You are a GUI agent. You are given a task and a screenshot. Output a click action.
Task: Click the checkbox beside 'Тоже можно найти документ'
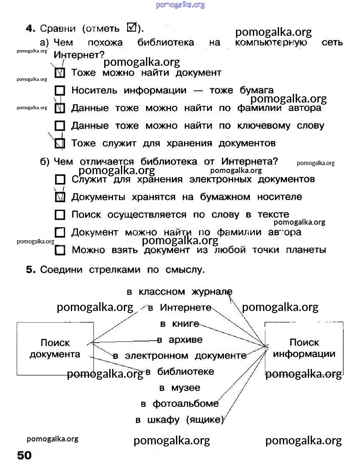[60, 73]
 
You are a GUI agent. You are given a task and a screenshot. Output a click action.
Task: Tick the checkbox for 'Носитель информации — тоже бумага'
[60, 90]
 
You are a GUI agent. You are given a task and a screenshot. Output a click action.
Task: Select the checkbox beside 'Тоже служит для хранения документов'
[60, 143]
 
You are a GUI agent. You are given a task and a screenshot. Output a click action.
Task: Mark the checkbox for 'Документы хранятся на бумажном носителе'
[60, 197]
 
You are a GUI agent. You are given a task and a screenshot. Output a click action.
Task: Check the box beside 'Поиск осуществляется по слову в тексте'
[60, 215]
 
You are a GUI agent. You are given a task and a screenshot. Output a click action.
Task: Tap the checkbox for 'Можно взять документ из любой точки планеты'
[60, 250]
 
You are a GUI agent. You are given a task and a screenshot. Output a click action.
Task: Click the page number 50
[24, 455]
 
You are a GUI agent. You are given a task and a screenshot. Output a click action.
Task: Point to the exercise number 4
[29, 28]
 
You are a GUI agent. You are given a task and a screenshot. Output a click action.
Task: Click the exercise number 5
[29, 270]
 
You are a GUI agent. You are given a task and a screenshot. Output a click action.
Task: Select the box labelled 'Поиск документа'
[55, 349]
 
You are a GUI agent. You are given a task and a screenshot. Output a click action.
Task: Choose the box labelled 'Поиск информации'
[304, 348]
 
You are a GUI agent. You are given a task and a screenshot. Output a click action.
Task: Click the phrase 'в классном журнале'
[179, 292]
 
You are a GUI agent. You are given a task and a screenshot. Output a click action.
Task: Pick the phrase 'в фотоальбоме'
[179, 404]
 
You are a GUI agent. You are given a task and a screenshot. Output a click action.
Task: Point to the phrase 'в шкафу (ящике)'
[179, 420]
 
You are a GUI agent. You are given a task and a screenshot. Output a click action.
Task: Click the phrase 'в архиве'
[179, 340]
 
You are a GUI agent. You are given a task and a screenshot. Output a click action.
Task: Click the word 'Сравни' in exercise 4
[58, 29]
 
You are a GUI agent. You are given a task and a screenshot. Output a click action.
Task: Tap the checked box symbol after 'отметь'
[131, 28]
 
